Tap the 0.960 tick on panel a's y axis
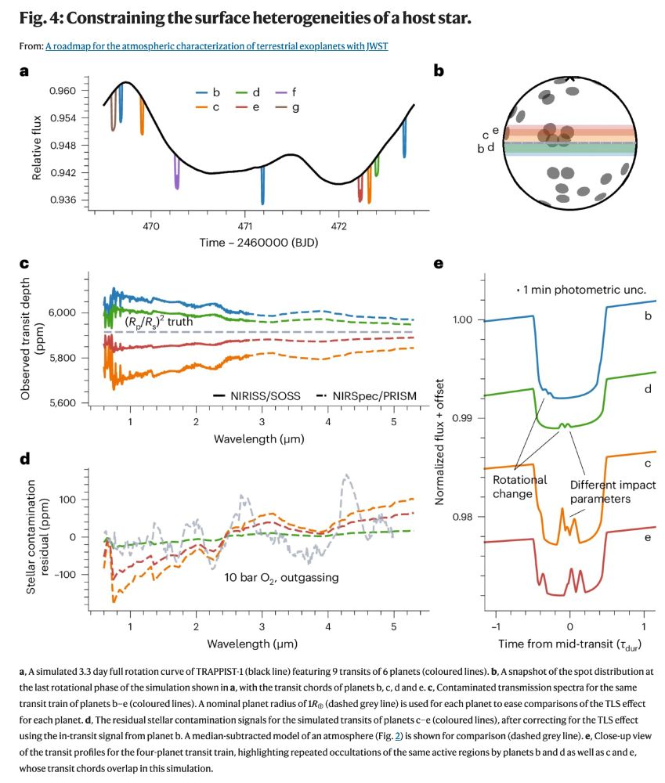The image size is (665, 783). click(x=63, y=91)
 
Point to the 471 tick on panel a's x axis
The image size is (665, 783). click(x=244, y=226)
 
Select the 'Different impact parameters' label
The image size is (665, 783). click(x=599, y=492)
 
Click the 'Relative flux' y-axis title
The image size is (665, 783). click(x=36, y=146)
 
